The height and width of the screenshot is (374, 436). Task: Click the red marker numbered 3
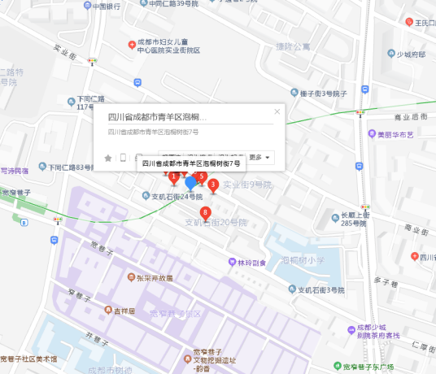pos(213,185)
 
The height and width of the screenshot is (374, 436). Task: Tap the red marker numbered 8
pos(205,213)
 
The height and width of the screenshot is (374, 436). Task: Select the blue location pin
pos(191,183)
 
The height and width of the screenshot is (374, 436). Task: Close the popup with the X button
pos(277,112)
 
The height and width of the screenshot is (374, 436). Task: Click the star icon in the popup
pos(108,157)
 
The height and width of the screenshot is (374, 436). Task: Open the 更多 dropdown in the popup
pos(259,157)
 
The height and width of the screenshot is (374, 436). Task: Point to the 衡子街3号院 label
pos(324,93)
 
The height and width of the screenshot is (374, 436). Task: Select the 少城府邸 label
pos(410,54)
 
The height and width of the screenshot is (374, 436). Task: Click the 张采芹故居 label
pos(154,277)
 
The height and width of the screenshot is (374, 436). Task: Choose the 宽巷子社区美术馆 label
pos(28,359)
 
